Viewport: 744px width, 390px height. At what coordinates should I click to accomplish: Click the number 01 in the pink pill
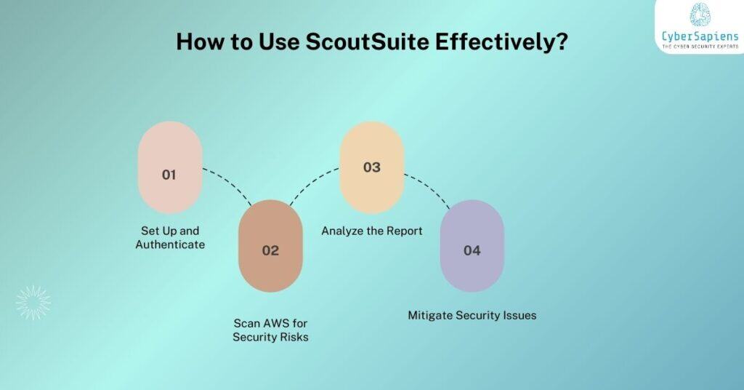tap(169, 175)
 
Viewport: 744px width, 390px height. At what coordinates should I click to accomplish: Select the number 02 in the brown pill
tap(270, 250)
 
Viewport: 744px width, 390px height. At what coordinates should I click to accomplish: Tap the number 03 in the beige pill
tap(371, 167)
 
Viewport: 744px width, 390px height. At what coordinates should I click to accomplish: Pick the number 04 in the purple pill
tap(472, 250)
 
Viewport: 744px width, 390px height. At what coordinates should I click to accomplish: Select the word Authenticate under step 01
tap(170, 244)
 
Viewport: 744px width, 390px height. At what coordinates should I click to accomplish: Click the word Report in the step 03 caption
tap(404, 231)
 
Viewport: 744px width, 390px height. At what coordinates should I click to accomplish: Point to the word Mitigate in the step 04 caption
tap(432, 315)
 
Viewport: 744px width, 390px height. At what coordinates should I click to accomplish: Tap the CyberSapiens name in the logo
tap(700, 36)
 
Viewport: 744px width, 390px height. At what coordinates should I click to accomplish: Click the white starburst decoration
tap(33, 302)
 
